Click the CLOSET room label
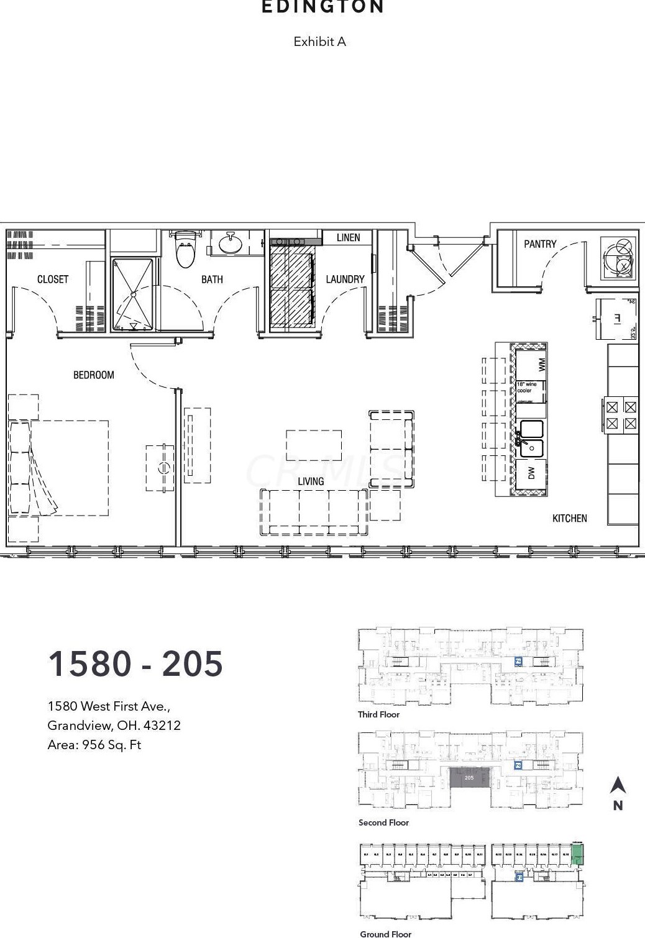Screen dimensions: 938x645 pos(53,280)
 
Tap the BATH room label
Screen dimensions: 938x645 pos(212,280)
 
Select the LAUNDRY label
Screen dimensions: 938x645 pos(345,280)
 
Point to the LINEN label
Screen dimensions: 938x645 pos(348,238)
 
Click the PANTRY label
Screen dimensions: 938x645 pos(540,244)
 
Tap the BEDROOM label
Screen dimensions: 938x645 pos(94,375)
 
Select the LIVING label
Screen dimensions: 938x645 pos(311,481)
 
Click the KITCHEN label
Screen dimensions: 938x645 pos(569,518)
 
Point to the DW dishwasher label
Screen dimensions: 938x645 pos(531,473)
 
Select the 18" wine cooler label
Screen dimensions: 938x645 pos(526,388)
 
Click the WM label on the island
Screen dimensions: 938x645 pos(542,365)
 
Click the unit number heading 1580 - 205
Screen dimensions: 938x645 pos(135,663)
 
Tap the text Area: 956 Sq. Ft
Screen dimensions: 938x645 pos(94,745)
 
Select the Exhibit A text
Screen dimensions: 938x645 pos(319,42)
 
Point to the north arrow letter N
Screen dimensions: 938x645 pos(618,806)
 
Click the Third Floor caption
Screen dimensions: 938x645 pos(378,714)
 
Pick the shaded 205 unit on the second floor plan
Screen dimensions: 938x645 pos(469,778)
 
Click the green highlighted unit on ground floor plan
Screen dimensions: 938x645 pos(577,855)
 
